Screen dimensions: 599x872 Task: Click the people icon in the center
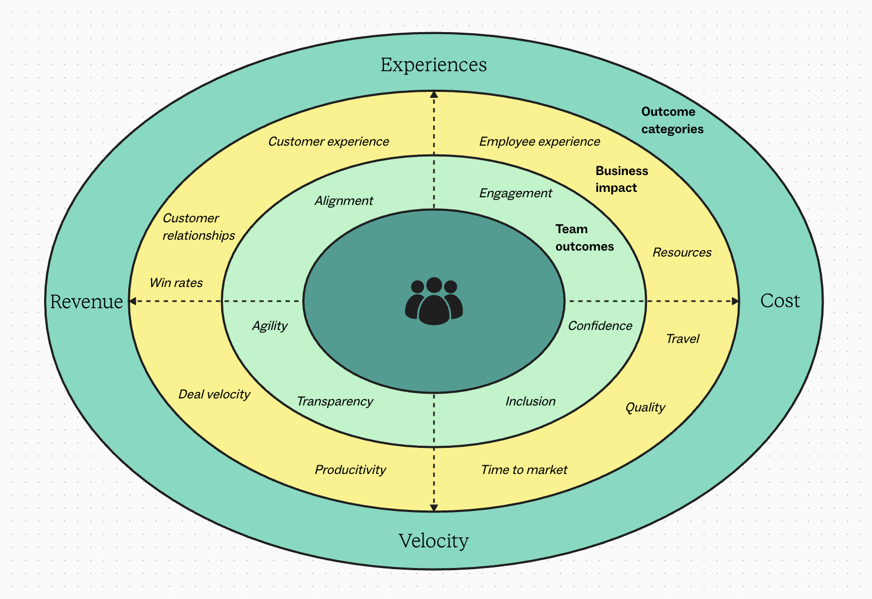pos(434,302)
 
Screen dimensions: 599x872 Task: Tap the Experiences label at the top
pos(433,65)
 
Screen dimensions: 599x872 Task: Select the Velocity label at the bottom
pos(433,541)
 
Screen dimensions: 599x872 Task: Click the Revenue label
pos(86,302)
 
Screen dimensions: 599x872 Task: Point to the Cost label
pos(780,301)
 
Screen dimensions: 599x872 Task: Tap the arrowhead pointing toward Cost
pos(736,301)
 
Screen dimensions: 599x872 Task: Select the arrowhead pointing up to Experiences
pos(434,95)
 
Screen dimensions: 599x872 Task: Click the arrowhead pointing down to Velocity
pos(434,508)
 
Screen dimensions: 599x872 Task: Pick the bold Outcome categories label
pos(672,120)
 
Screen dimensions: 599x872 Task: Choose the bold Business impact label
pos(621,179)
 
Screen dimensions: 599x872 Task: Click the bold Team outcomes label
pos(584,238)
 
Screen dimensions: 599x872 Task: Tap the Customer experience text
pos(328,142)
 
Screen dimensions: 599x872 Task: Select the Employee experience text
pos(539,142)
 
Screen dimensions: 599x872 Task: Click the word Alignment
pos(344,201)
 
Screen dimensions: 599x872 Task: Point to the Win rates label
pos(176,283)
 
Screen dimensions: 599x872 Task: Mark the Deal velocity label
pos(214,394)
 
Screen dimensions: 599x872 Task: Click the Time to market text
pos(524,470)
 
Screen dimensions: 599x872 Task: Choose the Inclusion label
pos(530,401)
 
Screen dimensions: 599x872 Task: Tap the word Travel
pos(682,339)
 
